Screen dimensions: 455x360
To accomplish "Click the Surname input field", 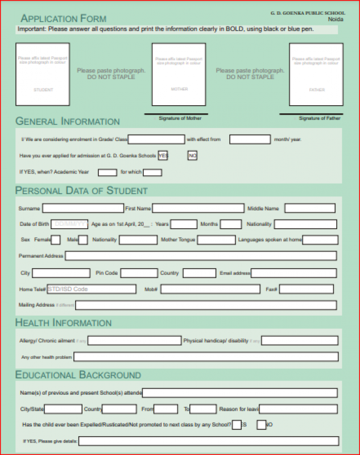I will tap(83, 209).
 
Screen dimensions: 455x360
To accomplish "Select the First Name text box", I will tap(198, 209).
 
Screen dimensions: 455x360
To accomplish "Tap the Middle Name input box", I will tap(310, 209).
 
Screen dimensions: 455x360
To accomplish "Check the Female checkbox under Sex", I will tap(55, 240).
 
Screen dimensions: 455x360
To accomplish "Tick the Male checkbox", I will tap(83, 240).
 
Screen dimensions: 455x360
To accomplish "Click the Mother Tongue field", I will tap(216, 240).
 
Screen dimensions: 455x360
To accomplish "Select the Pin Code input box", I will tap(139, 274).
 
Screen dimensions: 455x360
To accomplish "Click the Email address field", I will tap(295, 274).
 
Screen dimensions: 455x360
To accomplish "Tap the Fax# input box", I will tap(307, 289).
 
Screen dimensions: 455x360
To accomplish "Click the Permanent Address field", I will tap(201, 256).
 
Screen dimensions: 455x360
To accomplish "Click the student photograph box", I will tap(43, 74).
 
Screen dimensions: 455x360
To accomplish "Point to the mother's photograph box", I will tap(179, 74).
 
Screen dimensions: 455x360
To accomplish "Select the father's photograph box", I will tap(316, 74).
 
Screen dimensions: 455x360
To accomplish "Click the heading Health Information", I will tap(64, 323).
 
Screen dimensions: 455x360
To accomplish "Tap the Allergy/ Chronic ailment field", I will tap(134, 341).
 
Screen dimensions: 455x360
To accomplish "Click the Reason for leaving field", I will tap(299, 409).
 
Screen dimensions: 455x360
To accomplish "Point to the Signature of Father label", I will tap(319, 118).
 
